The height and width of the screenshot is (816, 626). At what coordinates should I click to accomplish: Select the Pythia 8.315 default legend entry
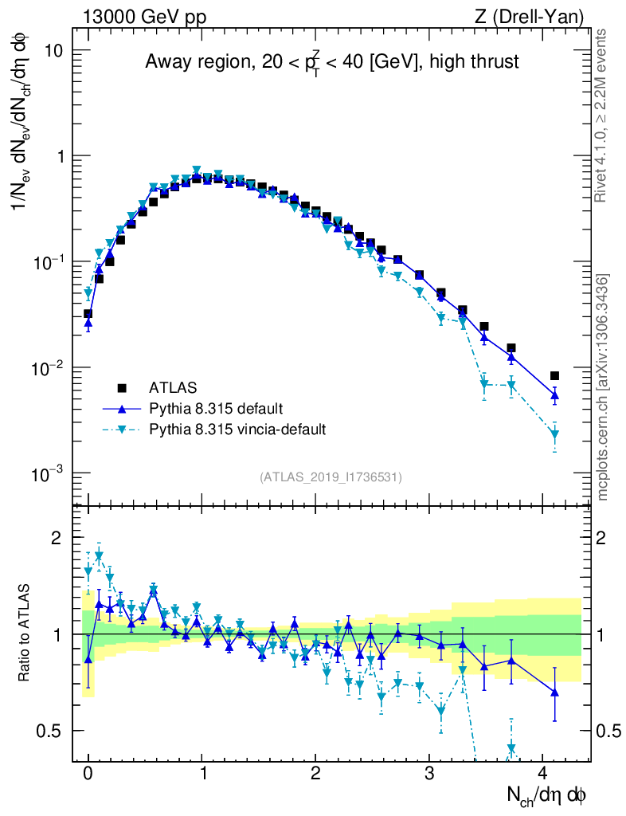(215, 409)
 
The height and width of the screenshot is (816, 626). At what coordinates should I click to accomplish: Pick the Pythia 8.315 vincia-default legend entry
(237, 430)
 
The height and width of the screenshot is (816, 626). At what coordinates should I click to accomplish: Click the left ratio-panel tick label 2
(57, 538)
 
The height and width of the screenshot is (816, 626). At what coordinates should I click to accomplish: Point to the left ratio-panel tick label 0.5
(50, 731)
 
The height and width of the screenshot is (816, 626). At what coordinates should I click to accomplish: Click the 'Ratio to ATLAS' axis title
(26, 634)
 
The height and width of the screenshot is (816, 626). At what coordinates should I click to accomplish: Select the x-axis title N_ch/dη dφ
(548, 794)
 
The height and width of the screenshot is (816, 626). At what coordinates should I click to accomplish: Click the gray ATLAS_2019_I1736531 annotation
(331, 477)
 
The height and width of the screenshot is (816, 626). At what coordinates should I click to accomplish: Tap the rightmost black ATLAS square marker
(554, 375)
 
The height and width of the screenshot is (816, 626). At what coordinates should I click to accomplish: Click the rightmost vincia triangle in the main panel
(554, 435)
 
